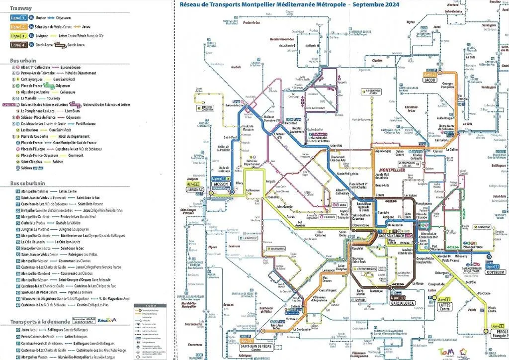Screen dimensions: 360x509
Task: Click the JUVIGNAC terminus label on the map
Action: pos(196,189)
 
